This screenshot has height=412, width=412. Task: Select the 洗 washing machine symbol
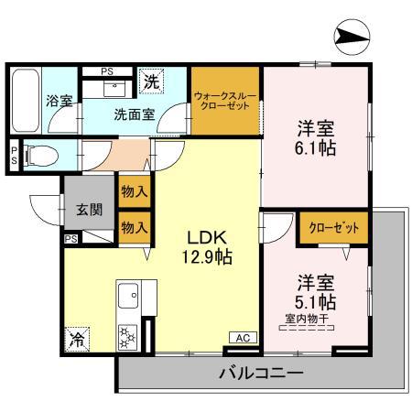[x=151, y=82]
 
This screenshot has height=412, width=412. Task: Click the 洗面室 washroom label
[x=134, y=116]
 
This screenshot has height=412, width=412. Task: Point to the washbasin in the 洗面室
[x=115, y=87]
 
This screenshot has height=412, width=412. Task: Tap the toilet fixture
[x=39, y=154]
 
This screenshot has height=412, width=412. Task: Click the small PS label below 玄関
[x=70, y=238]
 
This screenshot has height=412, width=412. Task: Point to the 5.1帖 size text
[x=317, y=301]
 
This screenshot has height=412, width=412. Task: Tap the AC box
[x=243, y=338]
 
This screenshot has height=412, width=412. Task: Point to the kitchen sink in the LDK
[x=128, y=296]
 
